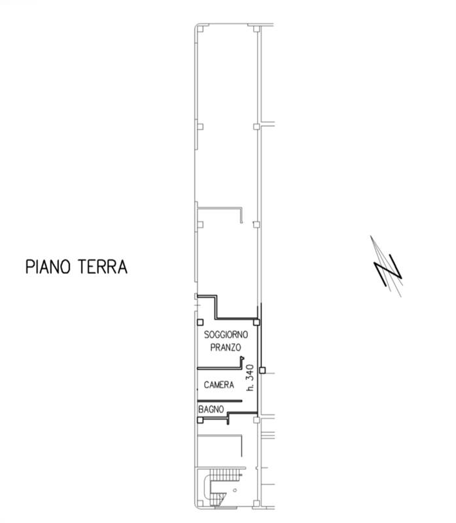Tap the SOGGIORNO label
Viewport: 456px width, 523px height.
click(226, 335)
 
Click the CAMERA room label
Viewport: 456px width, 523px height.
click(219, 385)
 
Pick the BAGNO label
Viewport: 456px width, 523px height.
click(211, 409)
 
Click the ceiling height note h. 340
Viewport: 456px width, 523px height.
click(249, 378)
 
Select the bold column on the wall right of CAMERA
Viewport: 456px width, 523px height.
click(262, 371)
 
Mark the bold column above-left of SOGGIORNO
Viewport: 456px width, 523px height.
click(200, 322)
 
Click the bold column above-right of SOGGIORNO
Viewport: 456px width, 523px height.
click(257, 322)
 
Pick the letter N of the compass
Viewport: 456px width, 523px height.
click(387, 269)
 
